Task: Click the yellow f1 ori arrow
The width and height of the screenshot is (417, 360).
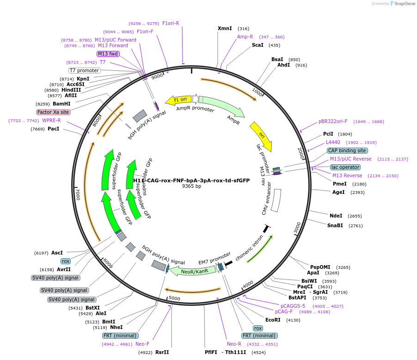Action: click(x=180, y=99)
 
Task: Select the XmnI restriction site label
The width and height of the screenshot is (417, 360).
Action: click(x=225, y=29)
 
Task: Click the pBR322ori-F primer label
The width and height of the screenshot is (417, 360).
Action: click(x=333, y=122)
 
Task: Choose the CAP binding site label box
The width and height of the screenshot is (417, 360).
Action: click(x=347, y=150)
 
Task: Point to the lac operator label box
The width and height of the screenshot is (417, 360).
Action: click(x=345, y=167)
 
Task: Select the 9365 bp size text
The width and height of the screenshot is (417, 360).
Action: click(x=191, y=186)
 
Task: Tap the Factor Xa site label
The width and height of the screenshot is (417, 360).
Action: click(x=53, y=112)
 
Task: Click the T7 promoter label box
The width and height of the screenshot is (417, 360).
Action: click(x=84, y=70)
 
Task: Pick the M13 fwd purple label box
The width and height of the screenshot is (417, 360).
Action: click(x=108, y=54)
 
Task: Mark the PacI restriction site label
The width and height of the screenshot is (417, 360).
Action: click(x=54, y=129)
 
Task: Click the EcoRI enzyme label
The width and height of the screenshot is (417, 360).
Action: click(x=273, y=320)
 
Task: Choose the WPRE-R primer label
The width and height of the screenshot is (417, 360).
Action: click(x=51, y=120)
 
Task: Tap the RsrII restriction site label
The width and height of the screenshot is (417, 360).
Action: click(x=162, y=352)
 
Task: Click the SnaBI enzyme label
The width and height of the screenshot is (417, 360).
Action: click(x=335, y=225)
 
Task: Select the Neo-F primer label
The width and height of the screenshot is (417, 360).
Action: click(x=142, y=344)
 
